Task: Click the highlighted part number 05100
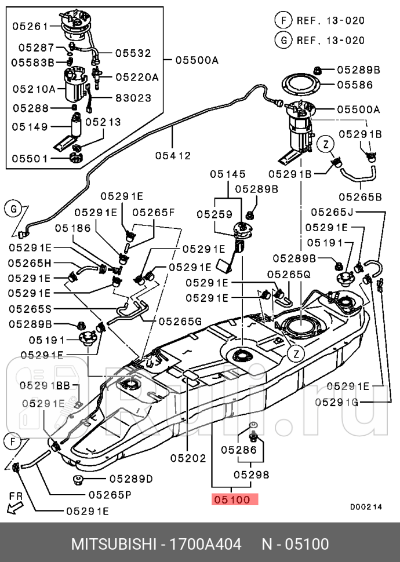point(235,499)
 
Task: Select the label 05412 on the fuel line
point(172,155)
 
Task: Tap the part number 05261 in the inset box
point(27,26)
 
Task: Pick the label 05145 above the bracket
point(228,174)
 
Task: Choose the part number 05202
point(188,458)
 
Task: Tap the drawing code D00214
point(366,506)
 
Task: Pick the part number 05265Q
point(289,273)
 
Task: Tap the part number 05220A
point(136,76)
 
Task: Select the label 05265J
point(332,212)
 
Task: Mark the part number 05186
point(72,228)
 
